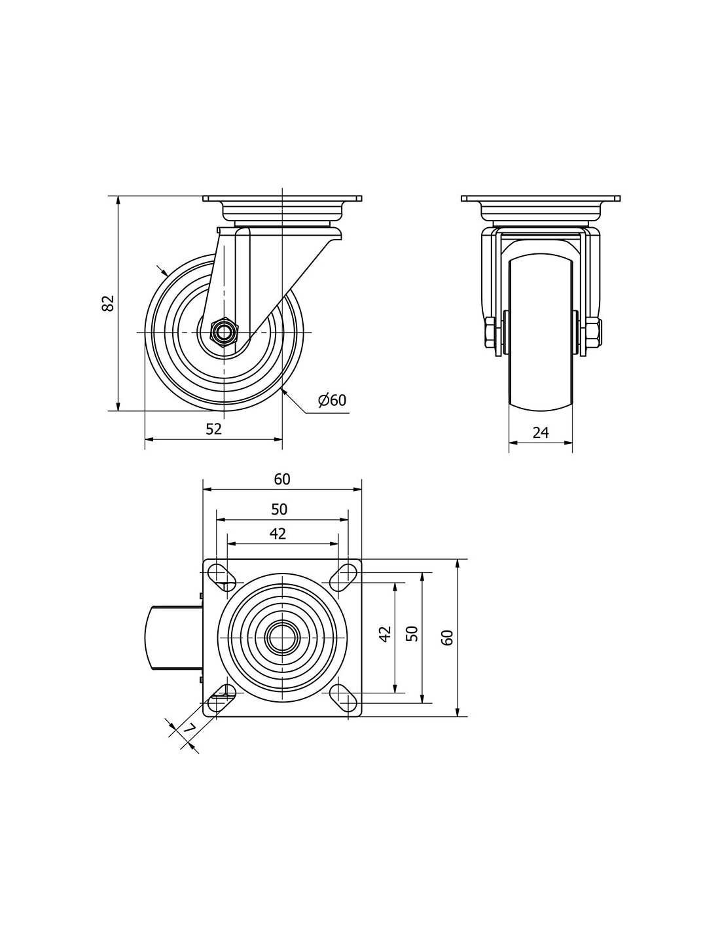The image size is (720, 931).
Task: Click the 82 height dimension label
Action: [x=109, y=302]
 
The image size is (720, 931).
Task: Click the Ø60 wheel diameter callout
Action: [x=332, y=400]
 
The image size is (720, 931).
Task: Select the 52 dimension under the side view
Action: [x=214, y=429]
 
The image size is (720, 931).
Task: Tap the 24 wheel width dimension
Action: [x=541, y=432]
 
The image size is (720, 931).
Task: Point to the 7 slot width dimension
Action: [x=189, y=728]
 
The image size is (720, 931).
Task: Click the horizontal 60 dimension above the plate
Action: [x=282, y=479]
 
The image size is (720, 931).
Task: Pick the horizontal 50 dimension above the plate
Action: [x=279, y=509]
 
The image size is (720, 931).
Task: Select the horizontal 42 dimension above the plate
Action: [x=278, y=534]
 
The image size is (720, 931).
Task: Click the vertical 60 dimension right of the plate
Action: [x=448, y=638]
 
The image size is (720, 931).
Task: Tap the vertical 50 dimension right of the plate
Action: [x=412, y=634]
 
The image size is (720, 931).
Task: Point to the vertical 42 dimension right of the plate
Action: [x=386, y=634]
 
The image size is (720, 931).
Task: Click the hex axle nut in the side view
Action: [x=224, y=331]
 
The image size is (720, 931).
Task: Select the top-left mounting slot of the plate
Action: [x=218, y=574]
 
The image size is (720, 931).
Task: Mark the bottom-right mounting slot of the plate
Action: [x=343, y=700]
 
